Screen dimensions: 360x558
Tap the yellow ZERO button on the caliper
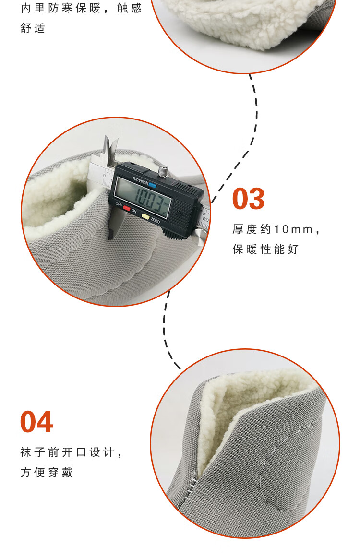tap(145, 216)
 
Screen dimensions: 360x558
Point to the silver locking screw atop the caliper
tap(163, 171)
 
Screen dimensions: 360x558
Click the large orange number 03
tap(248, 199)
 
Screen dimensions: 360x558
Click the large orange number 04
tap(36, 422)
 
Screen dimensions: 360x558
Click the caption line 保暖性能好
tap(265, 249)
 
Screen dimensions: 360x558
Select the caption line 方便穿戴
tap(47, 472)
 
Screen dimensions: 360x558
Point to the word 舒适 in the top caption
tap(33, 28)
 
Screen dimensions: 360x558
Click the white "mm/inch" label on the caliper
tap(140, 181)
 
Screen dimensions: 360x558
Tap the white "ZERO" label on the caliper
tap(155, 220)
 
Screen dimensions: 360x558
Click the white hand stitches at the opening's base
tap(192, 482)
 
